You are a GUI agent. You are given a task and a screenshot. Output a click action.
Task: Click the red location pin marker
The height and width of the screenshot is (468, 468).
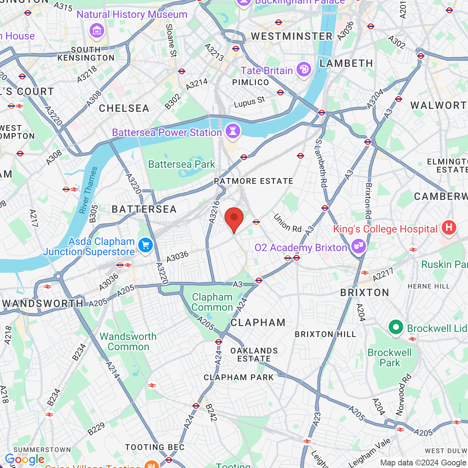click(234, 219)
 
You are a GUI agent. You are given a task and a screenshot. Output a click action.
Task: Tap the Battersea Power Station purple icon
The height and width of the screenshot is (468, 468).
click(233, 131)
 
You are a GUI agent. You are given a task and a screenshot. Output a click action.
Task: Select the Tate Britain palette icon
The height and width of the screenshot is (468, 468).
click(303, 69)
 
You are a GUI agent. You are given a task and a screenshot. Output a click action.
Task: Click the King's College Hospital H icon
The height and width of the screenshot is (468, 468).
click(449, 227)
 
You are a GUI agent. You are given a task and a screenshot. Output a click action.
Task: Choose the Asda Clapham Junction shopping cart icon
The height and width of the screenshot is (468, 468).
click(146, 245)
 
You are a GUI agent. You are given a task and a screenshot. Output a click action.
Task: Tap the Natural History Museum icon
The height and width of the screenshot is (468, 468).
click(97, 30)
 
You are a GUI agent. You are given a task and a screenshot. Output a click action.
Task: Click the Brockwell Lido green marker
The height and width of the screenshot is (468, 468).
click(396, 327)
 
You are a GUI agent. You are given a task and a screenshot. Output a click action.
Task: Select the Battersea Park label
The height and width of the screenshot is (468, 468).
click(181, 165)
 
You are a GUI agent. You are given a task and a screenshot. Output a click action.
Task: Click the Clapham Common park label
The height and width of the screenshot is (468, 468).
click(212, 302)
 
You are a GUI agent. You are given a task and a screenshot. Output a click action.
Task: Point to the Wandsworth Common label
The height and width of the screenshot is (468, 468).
click(128, 341)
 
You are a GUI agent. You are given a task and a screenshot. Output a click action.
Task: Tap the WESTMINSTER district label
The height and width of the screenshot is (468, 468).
click(292, 36)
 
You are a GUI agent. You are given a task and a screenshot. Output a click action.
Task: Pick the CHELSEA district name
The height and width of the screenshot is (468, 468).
click(124, 108)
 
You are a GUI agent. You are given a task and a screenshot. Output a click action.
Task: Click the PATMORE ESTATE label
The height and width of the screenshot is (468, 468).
click(253, 181)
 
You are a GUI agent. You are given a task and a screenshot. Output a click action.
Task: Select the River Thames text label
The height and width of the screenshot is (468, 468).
click(88, 190)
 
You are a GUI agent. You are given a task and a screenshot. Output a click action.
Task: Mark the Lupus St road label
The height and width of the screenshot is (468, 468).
click(249, 102)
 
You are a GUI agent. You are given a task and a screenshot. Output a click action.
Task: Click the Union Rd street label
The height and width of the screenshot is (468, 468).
click(287, 223)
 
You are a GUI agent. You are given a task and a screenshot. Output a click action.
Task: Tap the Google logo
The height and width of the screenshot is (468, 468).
click(24, 459)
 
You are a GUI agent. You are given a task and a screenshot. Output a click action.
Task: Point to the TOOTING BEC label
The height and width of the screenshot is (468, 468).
click(155, 447)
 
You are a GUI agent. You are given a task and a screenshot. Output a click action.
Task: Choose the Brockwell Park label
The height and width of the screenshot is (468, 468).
click(390, 358)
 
